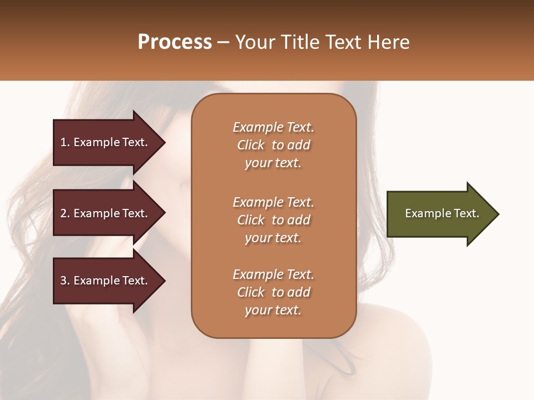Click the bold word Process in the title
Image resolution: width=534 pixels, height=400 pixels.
point(175,42)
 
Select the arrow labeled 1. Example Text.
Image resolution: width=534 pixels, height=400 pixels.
point(106,142)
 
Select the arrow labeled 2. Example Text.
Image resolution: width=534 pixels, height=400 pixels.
point(106,213)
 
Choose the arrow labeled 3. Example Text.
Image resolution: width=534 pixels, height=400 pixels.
point(106,281)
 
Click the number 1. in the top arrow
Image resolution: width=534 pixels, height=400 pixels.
point(65,142)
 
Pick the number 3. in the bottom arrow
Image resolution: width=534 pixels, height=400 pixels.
point(65,281)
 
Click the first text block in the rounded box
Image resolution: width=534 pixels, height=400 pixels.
point(273,145)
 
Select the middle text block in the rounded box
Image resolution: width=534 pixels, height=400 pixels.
point(273,220)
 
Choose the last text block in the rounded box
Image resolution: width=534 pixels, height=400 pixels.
point(273,292)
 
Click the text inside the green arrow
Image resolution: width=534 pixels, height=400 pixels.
point(442,213)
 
